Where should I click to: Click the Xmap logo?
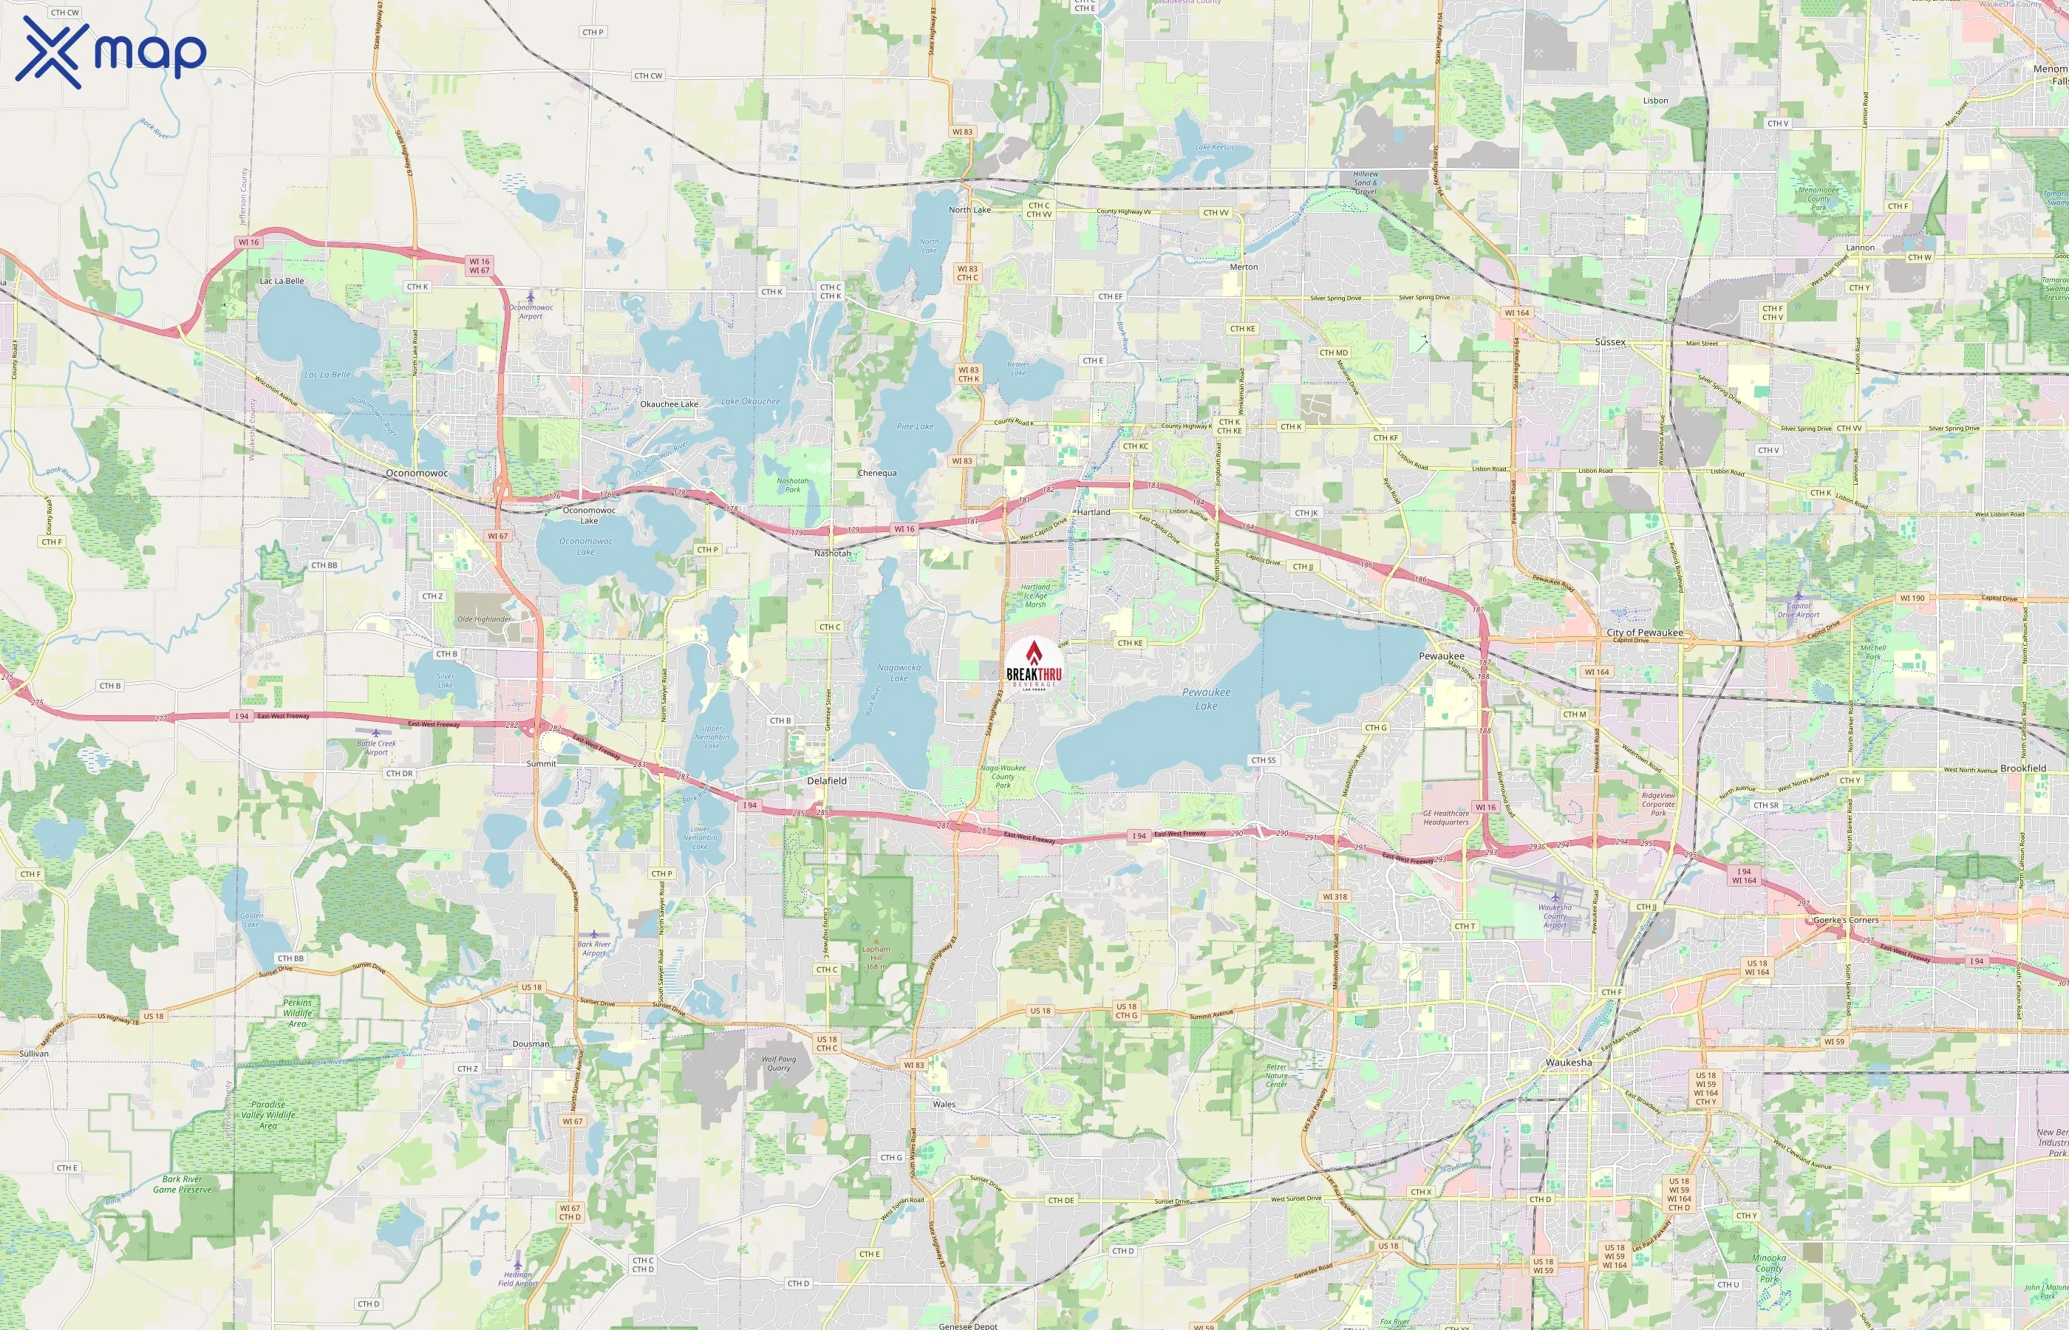[x=111, y=52]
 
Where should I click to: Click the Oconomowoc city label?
[x=417, y=474]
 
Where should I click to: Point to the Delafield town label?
[x=826, y=781]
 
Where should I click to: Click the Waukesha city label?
[x=1568, y=1063]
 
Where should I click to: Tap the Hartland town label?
[x=1093, y=512]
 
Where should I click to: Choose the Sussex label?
[x=1609, y=342]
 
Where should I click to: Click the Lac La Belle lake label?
[x=327, y=375]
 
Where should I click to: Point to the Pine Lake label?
[x=915, y=426]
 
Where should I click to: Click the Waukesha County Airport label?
[x=1555, y=916]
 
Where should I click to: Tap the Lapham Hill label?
[x=876, y=953]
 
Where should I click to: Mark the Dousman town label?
[x=531, y=1044]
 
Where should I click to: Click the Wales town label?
[x=944, y=1105]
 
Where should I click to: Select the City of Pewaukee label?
[x=1644, y=633]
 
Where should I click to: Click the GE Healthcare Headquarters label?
[x=1445, y=818]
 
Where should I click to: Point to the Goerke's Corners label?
[x=1845, y=921]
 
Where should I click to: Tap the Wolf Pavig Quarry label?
[x=778, y=1063]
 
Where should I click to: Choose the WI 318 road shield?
[x=1335, y=896]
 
